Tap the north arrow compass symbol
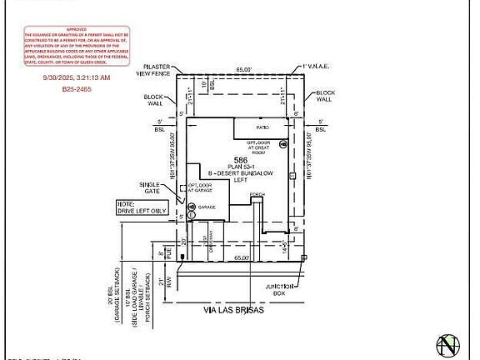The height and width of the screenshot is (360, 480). tap(449, 343)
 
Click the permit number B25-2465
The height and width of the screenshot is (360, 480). tap(80, 87)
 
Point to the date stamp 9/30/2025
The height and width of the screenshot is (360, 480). tap(76, 77)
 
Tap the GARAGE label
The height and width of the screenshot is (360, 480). tap(207, 206)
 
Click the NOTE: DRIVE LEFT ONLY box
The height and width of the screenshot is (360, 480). tap(137, 207)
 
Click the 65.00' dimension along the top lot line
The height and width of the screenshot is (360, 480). tap(243, 70)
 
